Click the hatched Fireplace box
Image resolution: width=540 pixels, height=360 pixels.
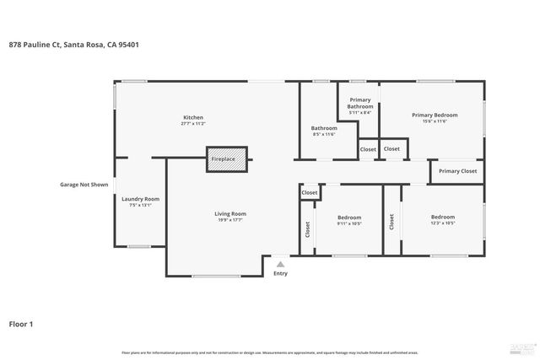tap(227, 159)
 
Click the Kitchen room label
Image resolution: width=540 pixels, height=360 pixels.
tap(193, 117)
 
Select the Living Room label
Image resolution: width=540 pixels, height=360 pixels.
tap(229, 213)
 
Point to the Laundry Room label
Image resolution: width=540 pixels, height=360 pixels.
tap(141, 199)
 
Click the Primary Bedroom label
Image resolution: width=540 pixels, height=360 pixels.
tap(435, 115)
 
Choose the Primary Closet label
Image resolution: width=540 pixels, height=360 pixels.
tap(457, 171)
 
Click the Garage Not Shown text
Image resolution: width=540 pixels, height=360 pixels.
tap(84, 184)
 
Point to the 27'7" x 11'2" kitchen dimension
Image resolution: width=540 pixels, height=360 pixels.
tap(193, 124)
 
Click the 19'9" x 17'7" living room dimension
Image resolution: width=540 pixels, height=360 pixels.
tap(229, 220)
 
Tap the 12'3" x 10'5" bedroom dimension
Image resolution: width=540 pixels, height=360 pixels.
tap(442, 223)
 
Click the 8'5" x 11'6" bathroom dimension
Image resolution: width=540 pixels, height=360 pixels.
tap(324, 134)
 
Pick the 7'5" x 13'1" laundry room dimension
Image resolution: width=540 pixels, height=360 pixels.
tap(141, 206)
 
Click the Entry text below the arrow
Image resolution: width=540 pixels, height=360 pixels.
tap(280, 273)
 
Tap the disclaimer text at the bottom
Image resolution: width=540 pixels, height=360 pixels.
tap(269, 352)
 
